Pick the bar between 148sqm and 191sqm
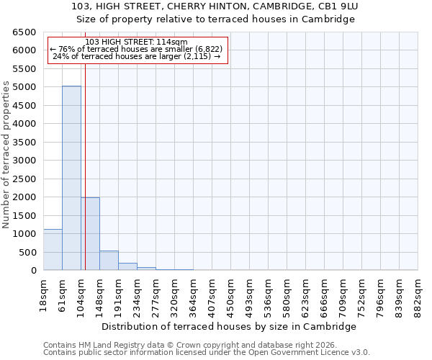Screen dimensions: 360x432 (109, 261)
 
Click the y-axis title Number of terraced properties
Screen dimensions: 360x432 (6, 154)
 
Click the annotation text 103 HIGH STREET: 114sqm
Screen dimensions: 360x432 (136, 42)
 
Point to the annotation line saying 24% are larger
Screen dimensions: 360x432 (136, 56)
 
